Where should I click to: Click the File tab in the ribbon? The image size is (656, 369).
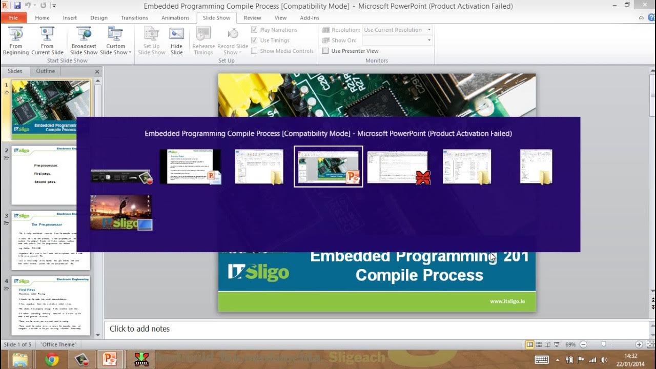(x=13, y=17)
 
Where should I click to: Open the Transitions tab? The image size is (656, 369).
(x=134, y=17)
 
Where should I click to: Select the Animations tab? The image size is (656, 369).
(x=175, y=17)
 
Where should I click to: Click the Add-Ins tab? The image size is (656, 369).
(x=310, y=17)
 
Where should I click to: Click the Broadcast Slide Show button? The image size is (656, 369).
(x=84, y=41)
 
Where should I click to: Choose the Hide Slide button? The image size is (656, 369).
(x=176, y=41)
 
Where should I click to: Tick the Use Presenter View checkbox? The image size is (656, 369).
(x=325, y=51)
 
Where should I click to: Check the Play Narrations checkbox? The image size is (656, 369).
(x=254, y=30)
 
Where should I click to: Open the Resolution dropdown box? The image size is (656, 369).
(x=397, y=30)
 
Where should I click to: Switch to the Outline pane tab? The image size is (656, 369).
(x=45, y=71)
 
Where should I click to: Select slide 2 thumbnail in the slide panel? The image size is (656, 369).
(x=50, y=169)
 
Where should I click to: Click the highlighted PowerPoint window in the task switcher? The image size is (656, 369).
(x=329, y=167)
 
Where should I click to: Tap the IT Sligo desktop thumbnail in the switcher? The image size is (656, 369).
(x=121, y=212)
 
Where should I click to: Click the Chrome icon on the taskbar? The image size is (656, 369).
(x=52, y=359)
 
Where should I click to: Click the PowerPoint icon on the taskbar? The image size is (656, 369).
(x=110, y=359)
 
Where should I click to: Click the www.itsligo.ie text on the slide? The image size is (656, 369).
(x=506, y=301)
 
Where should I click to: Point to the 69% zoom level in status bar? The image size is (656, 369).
(x=570, y=344)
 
